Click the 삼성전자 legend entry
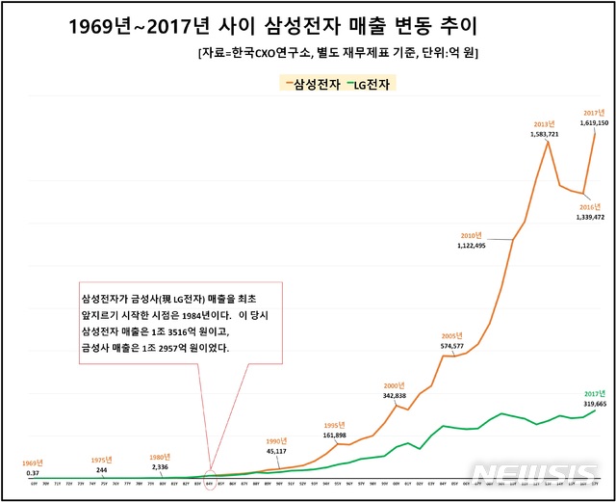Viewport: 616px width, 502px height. pos(311,84)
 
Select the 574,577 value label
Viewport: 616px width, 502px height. pos(451,345)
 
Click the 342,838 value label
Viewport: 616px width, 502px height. pos(401,395)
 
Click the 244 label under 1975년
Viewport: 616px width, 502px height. pos(102,469)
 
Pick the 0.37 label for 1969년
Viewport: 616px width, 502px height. pos(33,473)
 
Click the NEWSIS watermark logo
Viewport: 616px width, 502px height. pos(540,474)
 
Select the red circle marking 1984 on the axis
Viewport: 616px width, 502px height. pos(211,479)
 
